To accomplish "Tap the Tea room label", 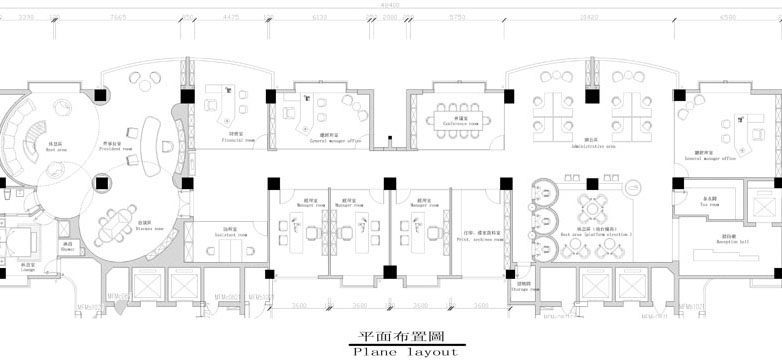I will click(713, 203).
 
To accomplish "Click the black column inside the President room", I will click(100, 181).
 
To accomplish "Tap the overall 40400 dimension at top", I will click(391, 4).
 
